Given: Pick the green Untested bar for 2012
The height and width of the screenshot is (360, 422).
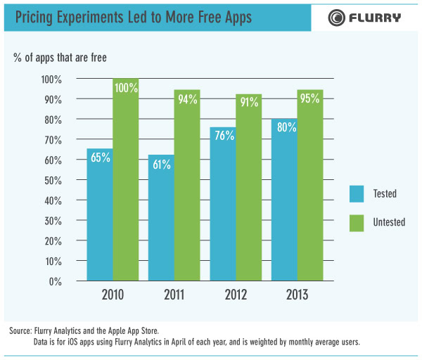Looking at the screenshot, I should click(x=248, y=189).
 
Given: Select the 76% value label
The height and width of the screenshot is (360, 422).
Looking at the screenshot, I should click(x=223, y=136).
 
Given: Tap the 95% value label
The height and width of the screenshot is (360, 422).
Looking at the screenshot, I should click(x=309, y=98).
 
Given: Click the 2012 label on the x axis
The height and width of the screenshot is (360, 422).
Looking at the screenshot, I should click(x=235, y=294).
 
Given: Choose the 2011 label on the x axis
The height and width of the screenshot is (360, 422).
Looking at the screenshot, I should click(x=174, y=294).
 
